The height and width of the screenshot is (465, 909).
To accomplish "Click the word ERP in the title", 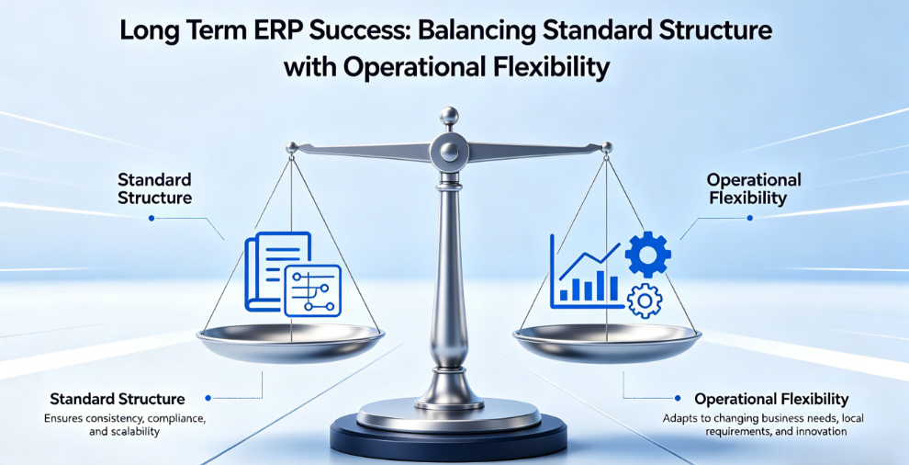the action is (x=277, y=30).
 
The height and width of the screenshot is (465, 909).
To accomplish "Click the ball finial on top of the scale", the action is (x=449, y=116).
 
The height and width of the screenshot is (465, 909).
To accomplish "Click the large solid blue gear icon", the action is (x=647, y=254).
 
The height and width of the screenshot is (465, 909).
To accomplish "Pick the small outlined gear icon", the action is (x=645, y=301).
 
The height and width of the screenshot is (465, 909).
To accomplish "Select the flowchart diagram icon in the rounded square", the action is (x=314, y=290).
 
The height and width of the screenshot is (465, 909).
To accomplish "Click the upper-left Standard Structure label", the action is (x=155, y=188).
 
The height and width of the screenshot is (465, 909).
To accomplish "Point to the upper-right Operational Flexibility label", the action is (x=754, y=188).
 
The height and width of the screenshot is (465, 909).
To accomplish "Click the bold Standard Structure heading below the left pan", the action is (x=118, y=400).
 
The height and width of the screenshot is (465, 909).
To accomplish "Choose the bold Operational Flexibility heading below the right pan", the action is (x=771, y=400).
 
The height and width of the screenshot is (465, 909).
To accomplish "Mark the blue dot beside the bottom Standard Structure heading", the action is (x=208, y=398).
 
